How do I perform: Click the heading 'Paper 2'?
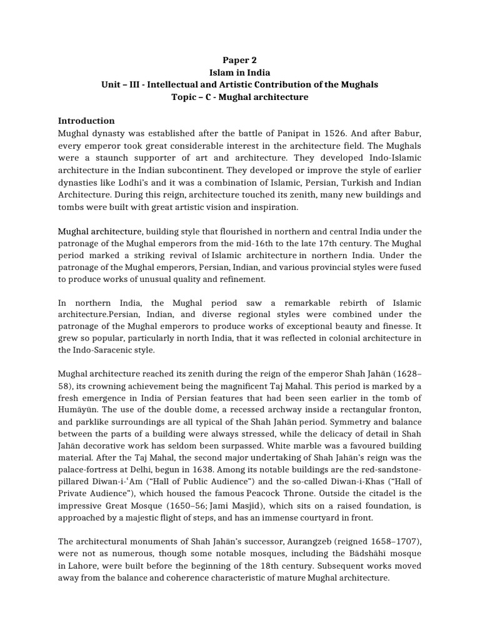[240, 61]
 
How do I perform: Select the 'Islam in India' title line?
[240, 72]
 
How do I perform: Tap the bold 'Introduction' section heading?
[86, 121]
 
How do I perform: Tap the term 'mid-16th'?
[284, 243]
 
